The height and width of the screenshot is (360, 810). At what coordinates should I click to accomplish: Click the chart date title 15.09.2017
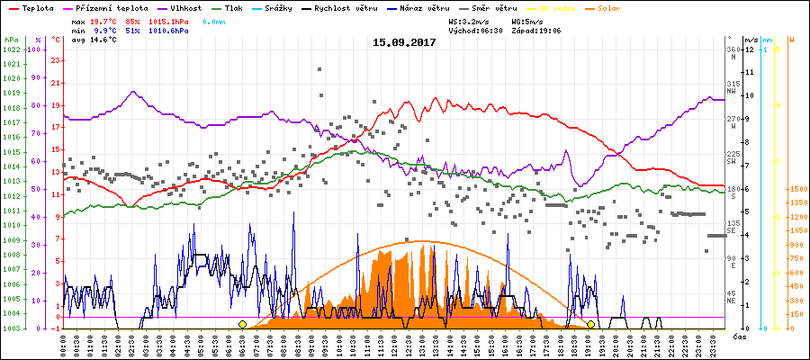pos(405,42)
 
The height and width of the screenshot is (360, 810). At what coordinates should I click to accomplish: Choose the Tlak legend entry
pos(246,8)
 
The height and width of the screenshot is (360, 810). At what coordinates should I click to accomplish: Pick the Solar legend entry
pos(620,8)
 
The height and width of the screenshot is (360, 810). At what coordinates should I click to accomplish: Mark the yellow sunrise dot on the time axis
pos(242,324)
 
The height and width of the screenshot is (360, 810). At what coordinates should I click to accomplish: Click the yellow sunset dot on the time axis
pos(590,324)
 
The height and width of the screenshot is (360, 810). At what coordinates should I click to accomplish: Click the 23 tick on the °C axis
pos(55,60)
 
